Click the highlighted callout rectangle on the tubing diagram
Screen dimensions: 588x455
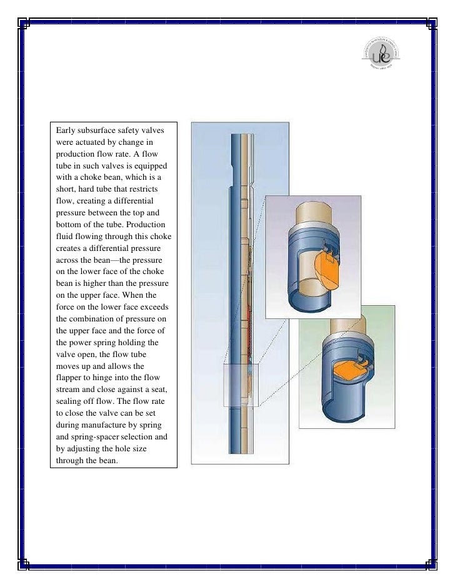240,386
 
